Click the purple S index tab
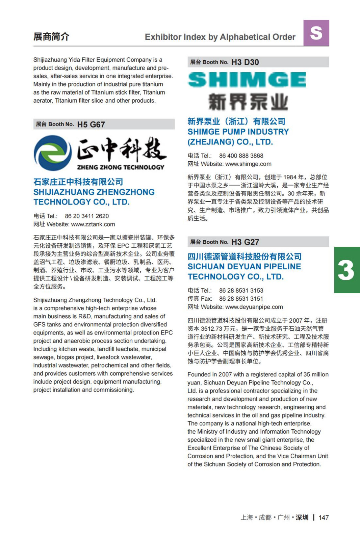(316, 33)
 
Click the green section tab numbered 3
(347, 270)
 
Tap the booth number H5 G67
(91, 125)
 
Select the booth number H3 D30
(245, 62)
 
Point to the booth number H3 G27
(245, 242)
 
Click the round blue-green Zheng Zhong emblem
(53, 153)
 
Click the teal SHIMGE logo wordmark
(247, 80)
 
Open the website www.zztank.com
(93, 224)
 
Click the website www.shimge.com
(248, 164)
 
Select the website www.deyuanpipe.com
(254, 307)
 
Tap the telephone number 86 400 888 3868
(241, 156)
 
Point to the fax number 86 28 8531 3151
(241, 299)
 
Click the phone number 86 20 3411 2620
(87, 216)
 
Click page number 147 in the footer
(324, 517)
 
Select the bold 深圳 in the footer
(302, 517)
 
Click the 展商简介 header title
(51, 36)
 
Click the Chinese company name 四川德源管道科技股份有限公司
(245, 256)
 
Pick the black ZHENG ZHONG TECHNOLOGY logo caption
(121, 167)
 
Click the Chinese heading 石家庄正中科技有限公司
(78, 182)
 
